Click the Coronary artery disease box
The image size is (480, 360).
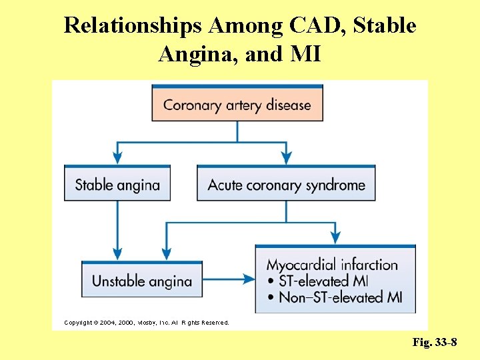click(x=237, y=105)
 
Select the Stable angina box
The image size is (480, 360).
click(x=117, y=184)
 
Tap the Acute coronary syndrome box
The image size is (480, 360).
click(x=286, y=184)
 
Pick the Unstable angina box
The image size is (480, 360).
click(x=142, y=281)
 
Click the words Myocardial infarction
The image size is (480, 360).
click(x=332, y=265)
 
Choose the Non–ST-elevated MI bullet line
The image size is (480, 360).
click(x=335, y=297)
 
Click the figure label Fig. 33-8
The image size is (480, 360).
click(x=435, y=343)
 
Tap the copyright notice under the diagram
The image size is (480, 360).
click(x=146, y=323)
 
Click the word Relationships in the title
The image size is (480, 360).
click(x=133, y=26)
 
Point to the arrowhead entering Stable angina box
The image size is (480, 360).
click(x=117, y=158)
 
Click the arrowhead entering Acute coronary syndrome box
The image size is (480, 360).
click(x=286, y=158)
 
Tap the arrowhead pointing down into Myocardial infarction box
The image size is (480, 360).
click(x=335, y=237)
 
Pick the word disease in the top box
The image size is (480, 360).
click(x=288, y=105)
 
